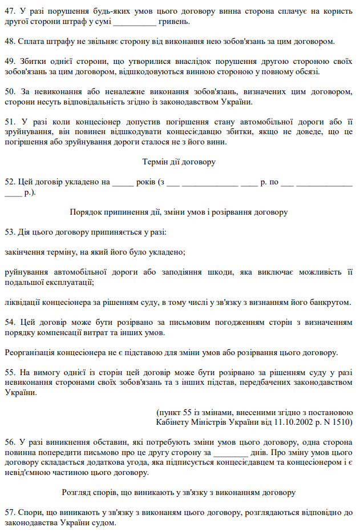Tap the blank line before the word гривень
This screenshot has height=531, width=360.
tap(135, 22)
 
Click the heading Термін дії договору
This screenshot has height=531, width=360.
tap(179, 162)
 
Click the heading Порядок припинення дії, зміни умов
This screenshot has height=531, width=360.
tap(179, 212)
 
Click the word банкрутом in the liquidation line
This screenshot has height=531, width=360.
tap(329, 302)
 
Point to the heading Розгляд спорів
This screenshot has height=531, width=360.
tap(179, 492)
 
